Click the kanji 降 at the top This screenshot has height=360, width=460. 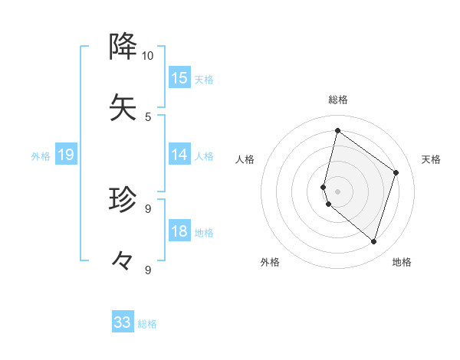123,47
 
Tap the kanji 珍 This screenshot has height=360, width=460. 123,200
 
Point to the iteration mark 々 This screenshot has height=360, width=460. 123,260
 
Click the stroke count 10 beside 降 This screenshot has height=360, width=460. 147,56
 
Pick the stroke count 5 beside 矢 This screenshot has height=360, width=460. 147,116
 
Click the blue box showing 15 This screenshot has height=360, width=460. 179,78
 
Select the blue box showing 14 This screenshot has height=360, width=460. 179,155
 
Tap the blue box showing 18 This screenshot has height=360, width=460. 179,232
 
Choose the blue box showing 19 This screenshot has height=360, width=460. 66,155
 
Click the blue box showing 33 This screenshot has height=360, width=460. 123,322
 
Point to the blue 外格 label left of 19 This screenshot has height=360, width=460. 41,156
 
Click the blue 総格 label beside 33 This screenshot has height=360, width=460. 147,324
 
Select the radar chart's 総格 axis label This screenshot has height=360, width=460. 337,100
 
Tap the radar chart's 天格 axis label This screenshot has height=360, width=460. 431,159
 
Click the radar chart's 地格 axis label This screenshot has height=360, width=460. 402,262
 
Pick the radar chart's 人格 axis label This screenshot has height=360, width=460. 245,159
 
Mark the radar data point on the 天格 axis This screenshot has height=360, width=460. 396,172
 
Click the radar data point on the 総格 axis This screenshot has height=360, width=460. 337,131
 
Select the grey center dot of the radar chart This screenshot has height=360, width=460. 337,191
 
